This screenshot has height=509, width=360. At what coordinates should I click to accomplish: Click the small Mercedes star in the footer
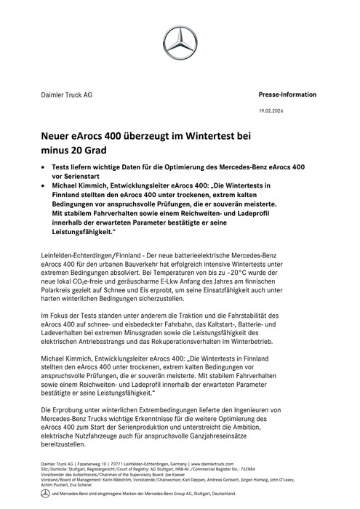(x=44, y=493)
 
